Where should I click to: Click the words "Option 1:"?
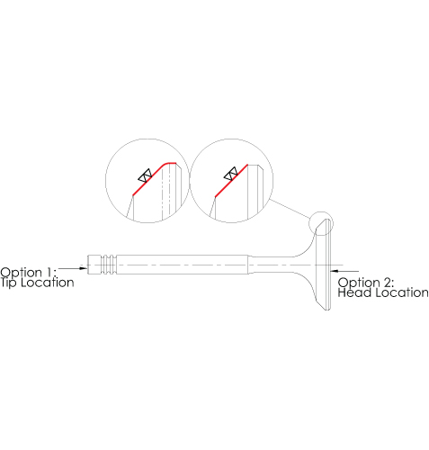29,273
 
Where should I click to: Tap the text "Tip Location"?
37,283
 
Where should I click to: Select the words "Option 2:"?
366,283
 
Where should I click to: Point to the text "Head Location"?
383,292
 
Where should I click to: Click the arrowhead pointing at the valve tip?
83,268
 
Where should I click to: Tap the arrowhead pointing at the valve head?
335,271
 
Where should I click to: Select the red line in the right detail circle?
231,181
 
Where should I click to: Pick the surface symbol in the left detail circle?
145,175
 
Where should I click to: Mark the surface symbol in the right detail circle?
231,174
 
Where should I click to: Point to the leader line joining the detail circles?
290,209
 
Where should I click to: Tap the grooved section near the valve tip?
108,265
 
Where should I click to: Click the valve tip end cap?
94,265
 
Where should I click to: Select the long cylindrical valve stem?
182,265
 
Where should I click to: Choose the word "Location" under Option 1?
48,283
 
